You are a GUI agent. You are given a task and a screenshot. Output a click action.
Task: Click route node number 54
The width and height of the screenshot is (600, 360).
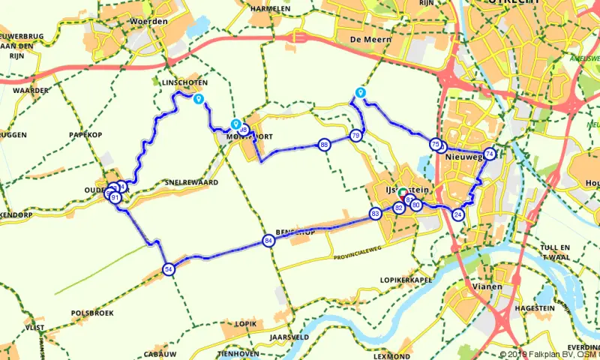tap(169, 269)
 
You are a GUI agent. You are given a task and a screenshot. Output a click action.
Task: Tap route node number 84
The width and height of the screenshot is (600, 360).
tap(268, 241)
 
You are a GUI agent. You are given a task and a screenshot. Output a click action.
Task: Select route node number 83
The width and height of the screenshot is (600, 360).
tap(376, 214)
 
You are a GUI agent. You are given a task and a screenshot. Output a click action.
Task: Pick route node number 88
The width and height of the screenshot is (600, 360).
tap(324, 145)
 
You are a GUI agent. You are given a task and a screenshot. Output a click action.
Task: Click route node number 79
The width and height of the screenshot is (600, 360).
tap(355, 135)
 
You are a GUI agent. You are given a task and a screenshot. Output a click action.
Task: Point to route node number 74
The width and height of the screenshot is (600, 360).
tap(490, 154)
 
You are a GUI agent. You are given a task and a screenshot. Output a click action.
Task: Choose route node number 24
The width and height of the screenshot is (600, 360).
tap(458, 215)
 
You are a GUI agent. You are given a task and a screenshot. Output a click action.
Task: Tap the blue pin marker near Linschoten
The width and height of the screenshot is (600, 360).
tap(198, 99)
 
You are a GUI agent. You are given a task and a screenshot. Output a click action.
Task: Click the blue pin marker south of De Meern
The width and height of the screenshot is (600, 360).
tap(361, 92)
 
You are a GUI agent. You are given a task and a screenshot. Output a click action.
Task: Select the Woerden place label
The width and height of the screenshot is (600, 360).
tap(149, 22)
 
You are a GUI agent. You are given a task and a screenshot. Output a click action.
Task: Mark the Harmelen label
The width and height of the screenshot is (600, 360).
tap(271, 8)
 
